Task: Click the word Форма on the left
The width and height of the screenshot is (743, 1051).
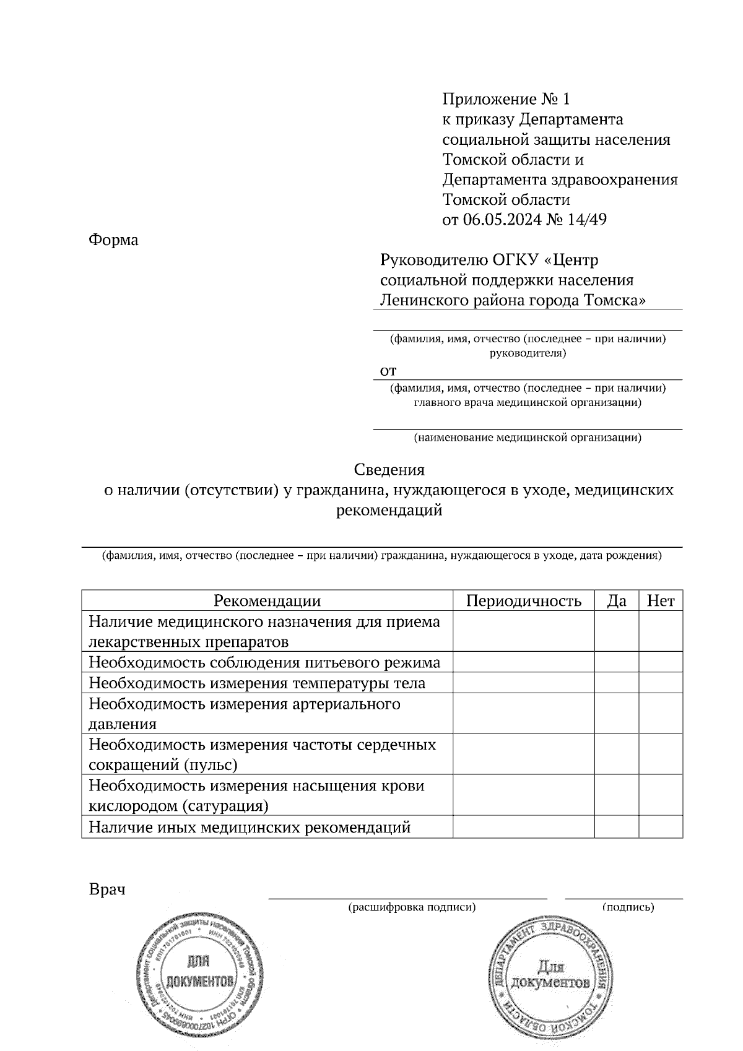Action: tap(113, 240)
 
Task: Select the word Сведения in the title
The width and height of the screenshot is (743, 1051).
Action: tap(389, 470)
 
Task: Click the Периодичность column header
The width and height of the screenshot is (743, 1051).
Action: tap(523, 600)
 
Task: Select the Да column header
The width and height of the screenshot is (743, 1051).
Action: tap(617, 600)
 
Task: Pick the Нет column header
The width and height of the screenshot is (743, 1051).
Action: tap(661, 600)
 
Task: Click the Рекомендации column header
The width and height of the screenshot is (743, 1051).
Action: tap(267, 600)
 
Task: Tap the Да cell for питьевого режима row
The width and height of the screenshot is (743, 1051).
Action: tap(617, 662)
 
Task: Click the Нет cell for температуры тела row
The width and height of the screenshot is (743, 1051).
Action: tap(661, 683)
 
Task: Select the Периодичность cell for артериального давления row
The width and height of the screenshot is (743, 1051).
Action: tap(523, 714)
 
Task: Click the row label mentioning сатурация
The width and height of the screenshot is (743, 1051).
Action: tap(256, 795)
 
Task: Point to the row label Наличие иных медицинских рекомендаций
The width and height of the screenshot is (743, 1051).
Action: tap(250, 827)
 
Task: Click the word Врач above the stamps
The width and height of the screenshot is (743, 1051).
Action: tap(107, 889)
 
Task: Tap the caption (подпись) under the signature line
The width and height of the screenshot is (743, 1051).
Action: tap(628, 907)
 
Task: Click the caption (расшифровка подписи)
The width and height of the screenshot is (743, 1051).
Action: tap(412, 907)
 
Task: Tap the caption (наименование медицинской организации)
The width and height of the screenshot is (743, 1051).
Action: tap(528, 438)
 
